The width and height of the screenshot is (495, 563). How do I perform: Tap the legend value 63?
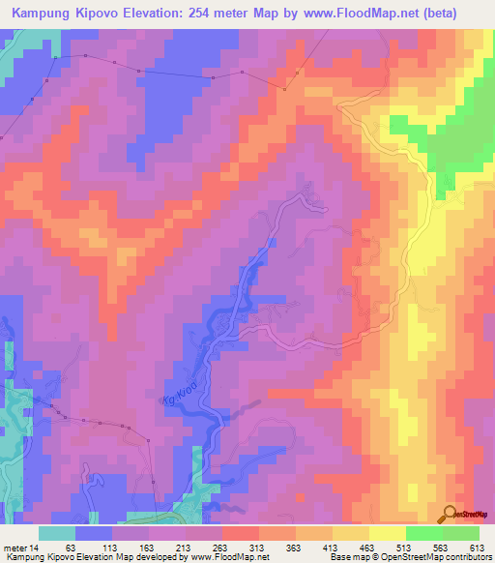tap(71, 547)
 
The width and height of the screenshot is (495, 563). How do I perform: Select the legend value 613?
tap(475, 547)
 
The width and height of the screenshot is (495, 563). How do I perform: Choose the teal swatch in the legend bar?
tap(56, 533)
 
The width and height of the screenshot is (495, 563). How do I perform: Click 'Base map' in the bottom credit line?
tap(346, 557)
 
